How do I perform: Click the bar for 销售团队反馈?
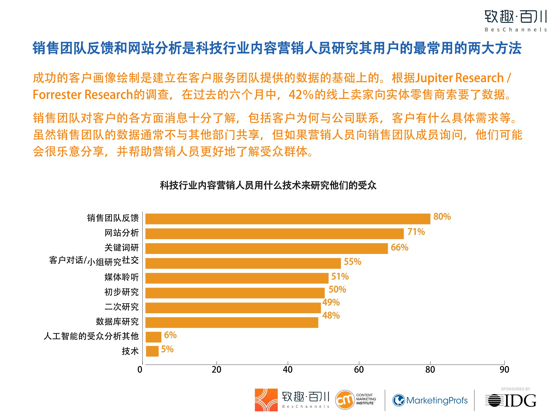288,219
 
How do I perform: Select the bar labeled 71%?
274,234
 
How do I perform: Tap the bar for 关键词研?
266,248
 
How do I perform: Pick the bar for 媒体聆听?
237,278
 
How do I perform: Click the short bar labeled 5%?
152,351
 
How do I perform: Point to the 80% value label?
442,217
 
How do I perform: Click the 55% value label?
352,262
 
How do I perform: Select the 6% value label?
170,335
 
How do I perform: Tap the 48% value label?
331,315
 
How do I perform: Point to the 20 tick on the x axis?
216,369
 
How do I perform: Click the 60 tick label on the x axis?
359,369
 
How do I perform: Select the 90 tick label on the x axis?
504,369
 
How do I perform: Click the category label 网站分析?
122,233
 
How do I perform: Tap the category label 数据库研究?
117,321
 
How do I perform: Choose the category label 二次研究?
122,307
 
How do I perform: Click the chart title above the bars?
268,185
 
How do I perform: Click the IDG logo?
511,400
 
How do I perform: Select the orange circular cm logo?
345,400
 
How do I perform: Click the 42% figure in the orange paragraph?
301,95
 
